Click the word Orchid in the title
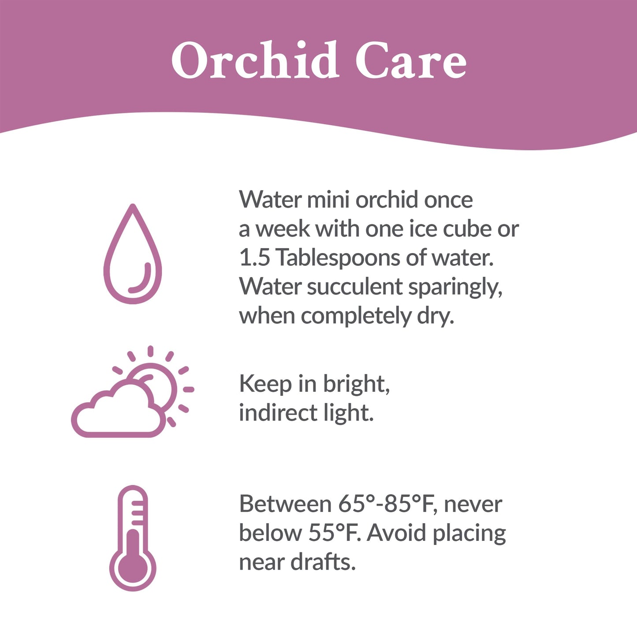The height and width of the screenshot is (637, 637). [254, 61]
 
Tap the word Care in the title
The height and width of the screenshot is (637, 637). [410, 61]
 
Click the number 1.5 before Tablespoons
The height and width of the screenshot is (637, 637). [254, 257]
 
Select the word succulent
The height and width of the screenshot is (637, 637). [355, 287]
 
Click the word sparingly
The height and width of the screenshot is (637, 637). [455, 288]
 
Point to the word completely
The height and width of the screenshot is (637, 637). [356, 317]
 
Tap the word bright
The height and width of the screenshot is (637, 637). [356, 384]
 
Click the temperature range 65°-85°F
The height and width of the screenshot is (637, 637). [387, 504]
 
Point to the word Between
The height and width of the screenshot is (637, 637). [285, 504]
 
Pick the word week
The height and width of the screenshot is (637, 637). [283, 229]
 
